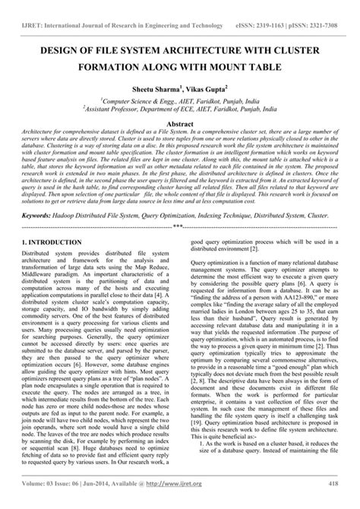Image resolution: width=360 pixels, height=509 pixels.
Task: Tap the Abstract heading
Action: (179, 123)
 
